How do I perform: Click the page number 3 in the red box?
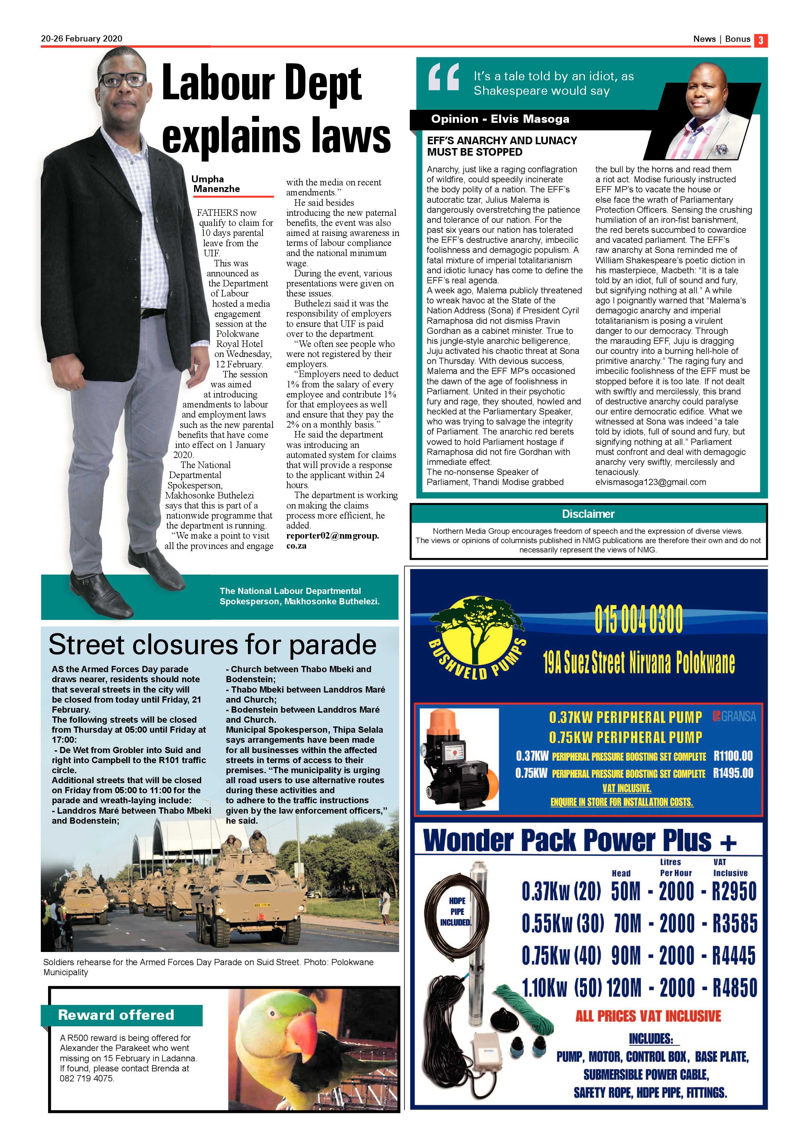[760, 40]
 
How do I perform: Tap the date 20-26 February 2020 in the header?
[82, 39]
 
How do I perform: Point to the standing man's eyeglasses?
[122, 80]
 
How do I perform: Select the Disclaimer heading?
[588, 514]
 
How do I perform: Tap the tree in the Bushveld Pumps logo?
[475, 628]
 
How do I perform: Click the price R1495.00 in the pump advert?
[733, 773]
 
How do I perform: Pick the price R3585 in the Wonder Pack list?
[734, 923]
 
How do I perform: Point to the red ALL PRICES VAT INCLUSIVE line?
[648, 1016]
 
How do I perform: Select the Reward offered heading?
[116, 1015]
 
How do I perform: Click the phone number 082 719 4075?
[87, 1078]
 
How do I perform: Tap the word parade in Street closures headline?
[332, 645]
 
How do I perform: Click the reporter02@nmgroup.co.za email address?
[332, 541]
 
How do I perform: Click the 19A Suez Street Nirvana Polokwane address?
[638, 663]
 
